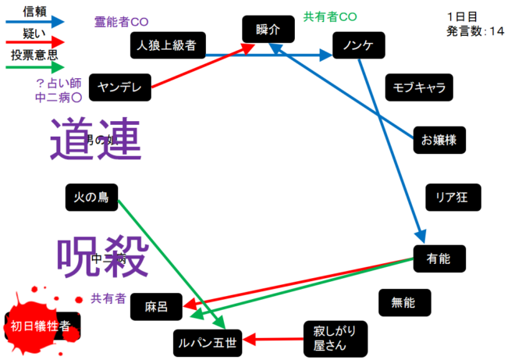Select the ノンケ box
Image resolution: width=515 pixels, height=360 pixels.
(359, 46)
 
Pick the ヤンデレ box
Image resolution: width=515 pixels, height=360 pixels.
(120, 87)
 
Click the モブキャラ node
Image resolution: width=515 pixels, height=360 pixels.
(419, 87)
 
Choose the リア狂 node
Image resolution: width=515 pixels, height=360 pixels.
(453, 197)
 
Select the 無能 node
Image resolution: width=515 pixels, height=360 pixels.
(403, 302)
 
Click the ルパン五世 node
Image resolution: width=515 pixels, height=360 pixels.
(207, 341)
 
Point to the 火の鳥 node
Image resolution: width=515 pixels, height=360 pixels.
(91, 198)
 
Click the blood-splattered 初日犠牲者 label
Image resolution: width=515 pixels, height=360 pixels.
(39, 323)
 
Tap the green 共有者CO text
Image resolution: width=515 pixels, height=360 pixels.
(329, 16)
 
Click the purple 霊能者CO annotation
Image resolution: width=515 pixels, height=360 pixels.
(121, 21)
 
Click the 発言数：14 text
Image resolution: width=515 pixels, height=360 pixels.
(475, 31)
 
